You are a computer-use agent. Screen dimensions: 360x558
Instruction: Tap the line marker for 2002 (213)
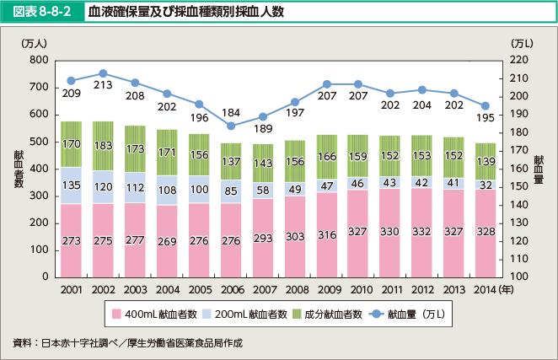coord(103,73)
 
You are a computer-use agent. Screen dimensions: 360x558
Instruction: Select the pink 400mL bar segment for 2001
coord(71,240)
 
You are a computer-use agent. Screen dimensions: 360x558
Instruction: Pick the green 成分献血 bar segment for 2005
coord(201,154)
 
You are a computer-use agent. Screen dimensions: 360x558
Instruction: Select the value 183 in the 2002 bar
coord(103,146)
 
